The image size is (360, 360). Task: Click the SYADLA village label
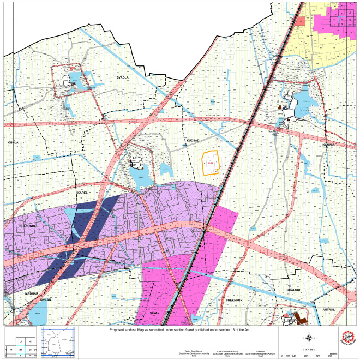coord(122,78)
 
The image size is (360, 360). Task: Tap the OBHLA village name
coord(13,142)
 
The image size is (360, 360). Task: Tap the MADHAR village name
coord(32,293)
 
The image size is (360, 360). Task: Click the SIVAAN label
coord(45,300)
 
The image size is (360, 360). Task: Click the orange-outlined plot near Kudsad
coord(211,163)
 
